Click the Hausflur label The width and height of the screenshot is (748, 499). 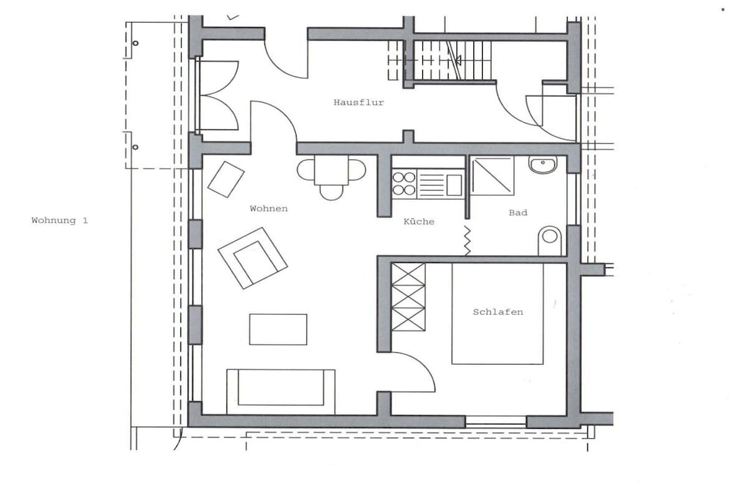359,102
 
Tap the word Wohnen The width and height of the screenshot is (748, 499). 269,208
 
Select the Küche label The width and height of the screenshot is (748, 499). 419,221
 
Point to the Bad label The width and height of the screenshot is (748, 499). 518,213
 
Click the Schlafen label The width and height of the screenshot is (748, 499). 498,312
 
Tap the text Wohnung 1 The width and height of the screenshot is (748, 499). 60,221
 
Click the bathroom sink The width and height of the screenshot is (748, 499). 543,164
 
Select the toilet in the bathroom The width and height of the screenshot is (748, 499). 549,241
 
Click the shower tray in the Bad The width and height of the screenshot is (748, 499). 492,175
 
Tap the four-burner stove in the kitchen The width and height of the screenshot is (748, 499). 404,183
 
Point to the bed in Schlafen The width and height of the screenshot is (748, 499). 497,313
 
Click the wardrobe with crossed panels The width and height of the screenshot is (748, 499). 408,297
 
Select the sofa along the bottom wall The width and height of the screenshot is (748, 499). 280,392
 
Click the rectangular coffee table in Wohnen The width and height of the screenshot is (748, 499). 278,330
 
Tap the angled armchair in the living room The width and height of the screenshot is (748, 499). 253,258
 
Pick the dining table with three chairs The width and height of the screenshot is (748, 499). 332,174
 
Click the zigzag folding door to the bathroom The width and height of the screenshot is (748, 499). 467,241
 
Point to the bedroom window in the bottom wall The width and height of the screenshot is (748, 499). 496,422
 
